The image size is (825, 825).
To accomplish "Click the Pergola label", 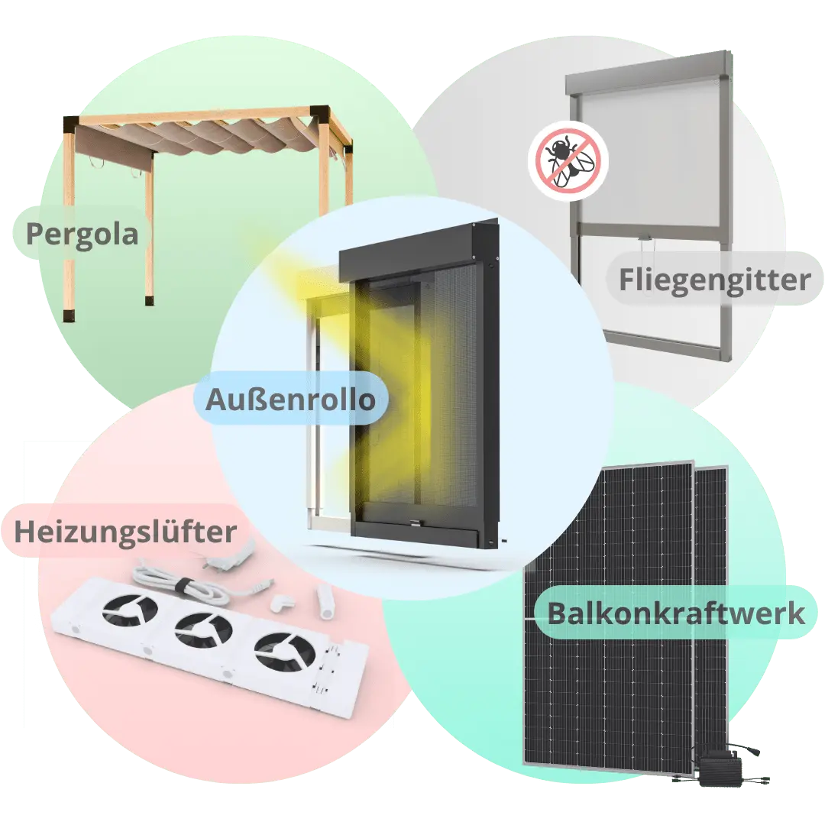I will (x=82, y=234).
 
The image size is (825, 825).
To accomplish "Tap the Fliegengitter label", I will (x=714, y=280).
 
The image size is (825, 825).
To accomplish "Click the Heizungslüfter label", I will (x=125, y=532).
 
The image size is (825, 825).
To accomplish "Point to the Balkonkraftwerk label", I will (x=676, y=613).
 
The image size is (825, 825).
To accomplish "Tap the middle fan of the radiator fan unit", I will (x=204, y=632).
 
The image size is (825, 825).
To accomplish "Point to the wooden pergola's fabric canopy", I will (x=206, y=137).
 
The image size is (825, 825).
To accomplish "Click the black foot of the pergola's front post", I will (x=70, y=314).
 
